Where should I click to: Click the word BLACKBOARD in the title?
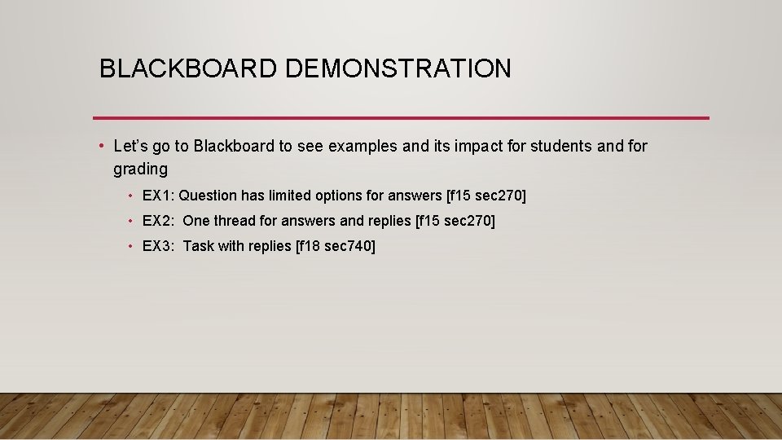(188, 68)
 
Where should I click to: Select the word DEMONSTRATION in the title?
(398, 68)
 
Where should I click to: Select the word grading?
(140, 169)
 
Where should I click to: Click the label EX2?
(159, 221)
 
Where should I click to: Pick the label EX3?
(159, 246)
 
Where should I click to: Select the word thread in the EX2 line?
(235, 221)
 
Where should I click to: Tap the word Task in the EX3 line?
(198, 246)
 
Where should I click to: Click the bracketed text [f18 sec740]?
(336, 246)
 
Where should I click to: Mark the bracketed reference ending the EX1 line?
(486, 196)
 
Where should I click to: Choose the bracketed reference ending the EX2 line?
(455, 221)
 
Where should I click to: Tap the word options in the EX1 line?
(333, 196)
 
